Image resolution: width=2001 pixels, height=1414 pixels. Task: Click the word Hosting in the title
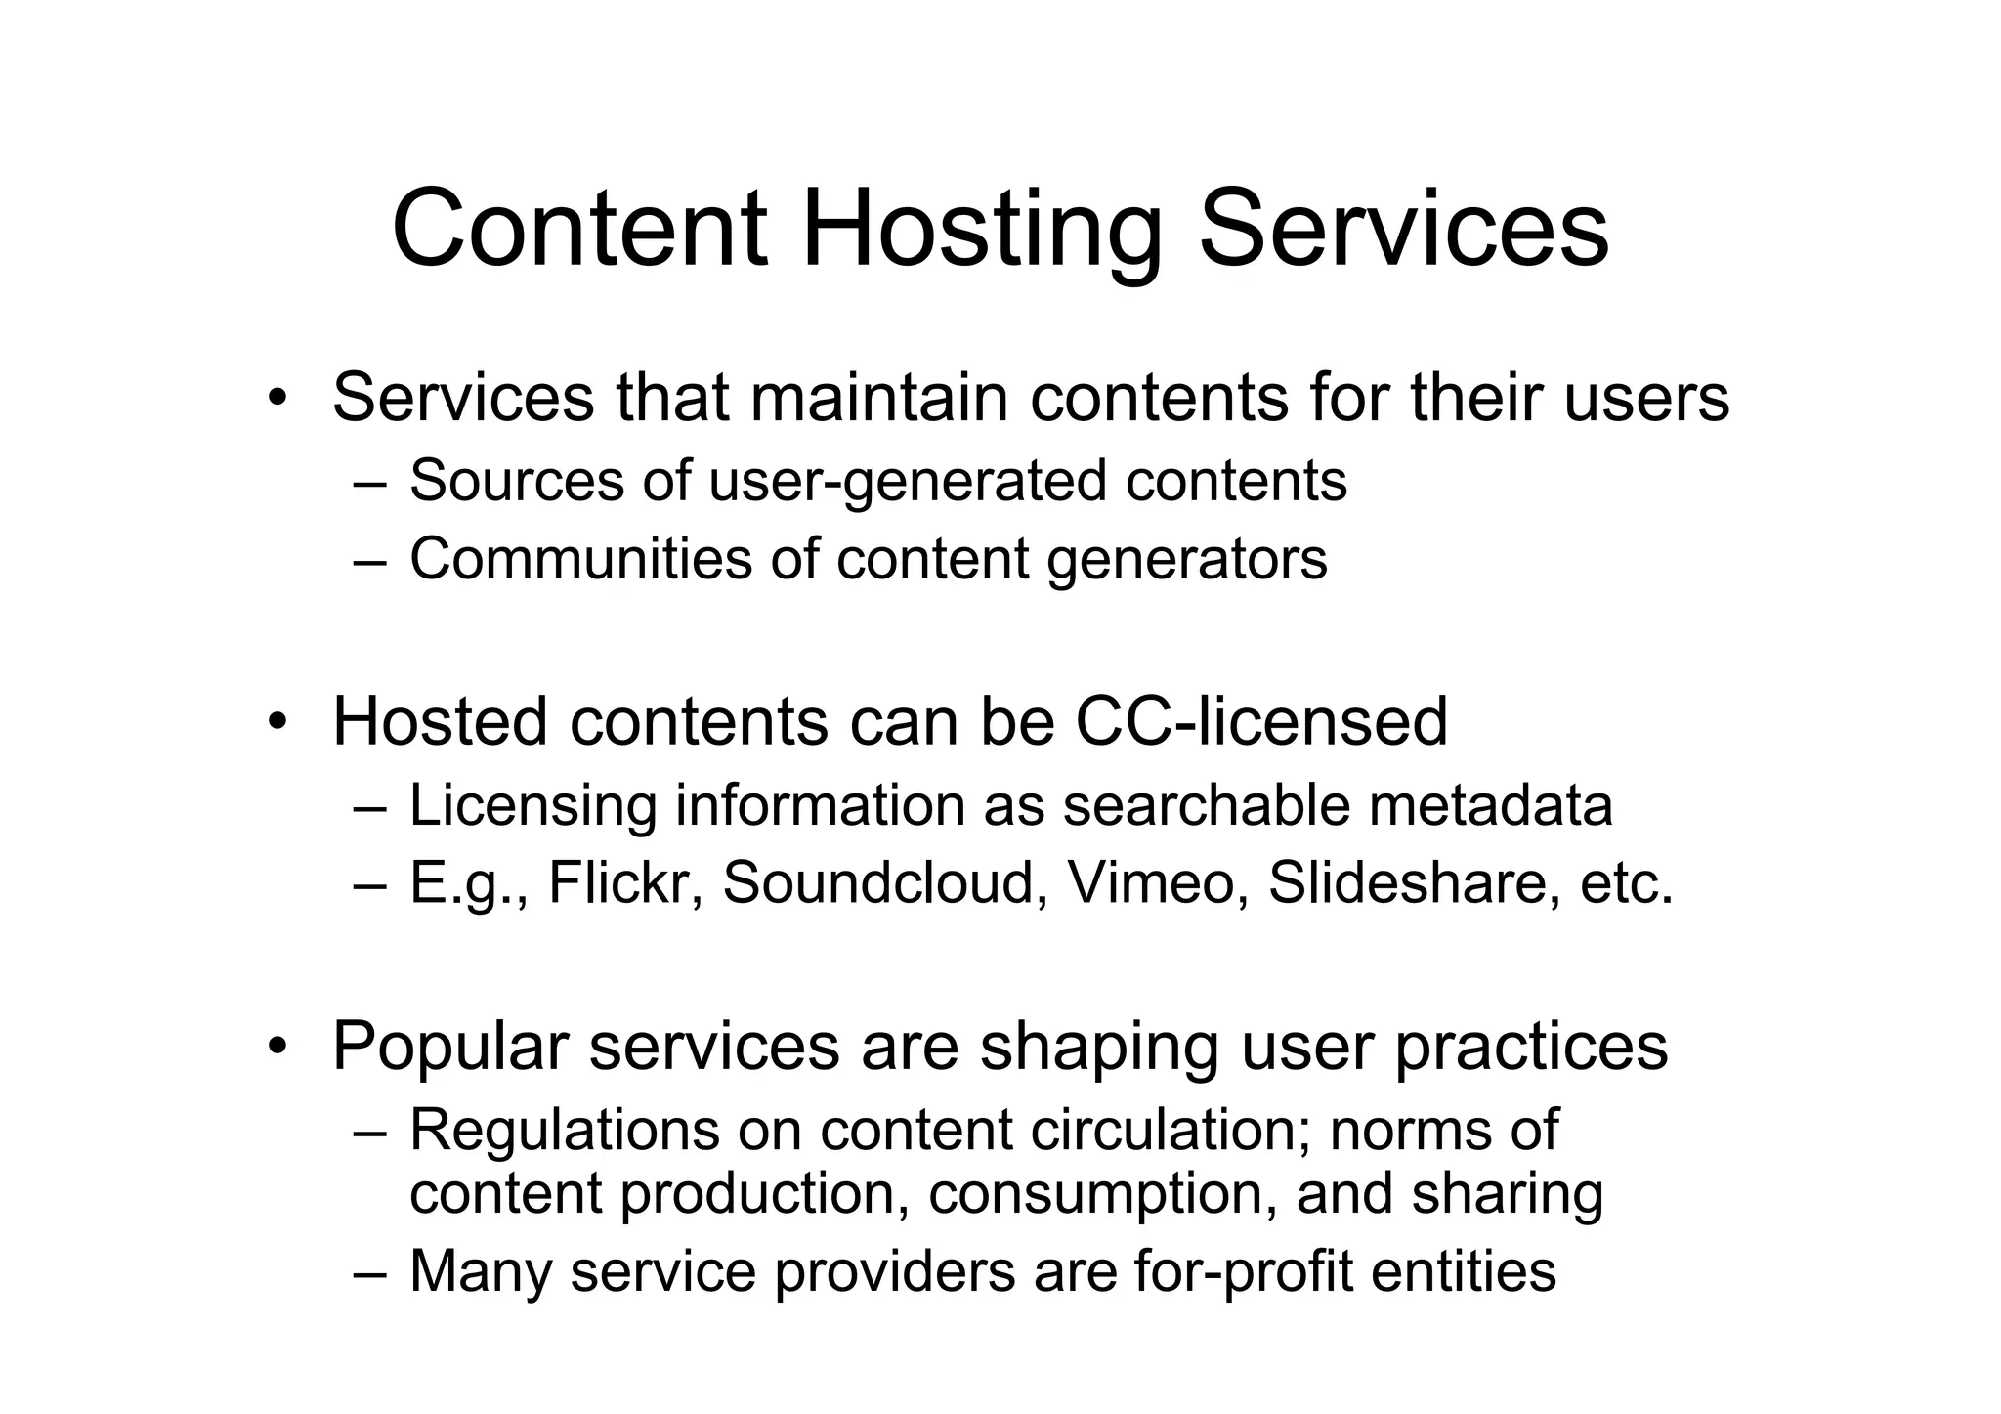[982, 231]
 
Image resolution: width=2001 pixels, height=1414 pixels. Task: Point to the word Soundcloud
[878, 882]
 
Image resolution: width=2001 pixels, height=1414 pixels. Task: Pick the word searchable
[1207, 806]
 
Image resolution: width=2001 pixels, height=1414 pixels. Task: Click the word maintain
[878, 399]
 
